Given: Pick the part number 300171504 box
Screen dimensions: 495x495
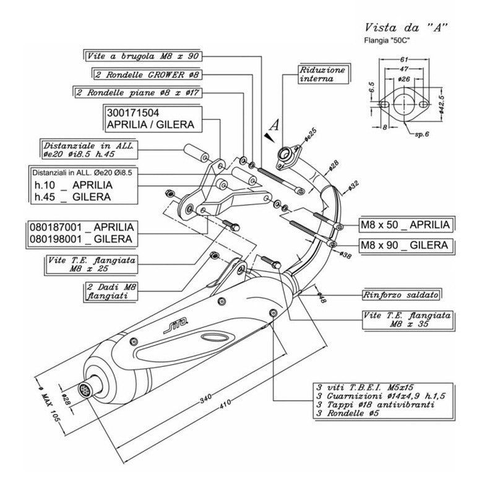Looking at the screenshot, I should click(x=150, y=119).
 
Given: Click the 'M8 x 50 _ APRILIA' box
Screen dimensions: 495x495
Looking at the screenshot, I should click(x=406, y=225).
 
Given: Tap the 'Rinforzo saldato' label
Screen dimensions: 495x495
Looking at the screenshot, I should click(x=407, y=293).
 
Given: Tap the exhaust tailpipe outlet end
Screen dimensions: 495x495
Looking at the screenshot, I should click(x=85, y=390).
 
